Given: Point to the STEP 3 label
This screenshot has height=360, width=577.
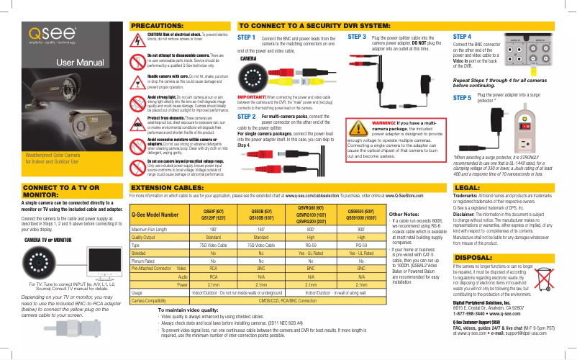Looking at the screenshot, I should [x=357, y=35].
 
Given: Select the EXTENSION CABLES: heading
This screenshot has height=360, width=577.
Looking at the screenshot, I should [x=163, y=186].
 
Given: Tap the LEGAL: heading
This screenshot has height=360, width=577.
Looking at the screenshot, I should [x=469, y=186].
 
